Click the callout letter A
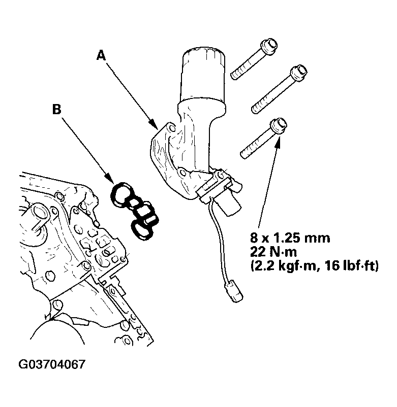coord(101,55)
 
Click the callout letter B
coord(56,109)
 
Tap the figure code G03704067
coord(52,364)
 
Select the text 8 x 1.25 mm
coord(290,238)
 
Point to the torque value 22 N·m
coord(273,252)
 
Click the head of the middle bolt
coord(299,73)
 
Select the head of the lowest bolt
coord(279,126)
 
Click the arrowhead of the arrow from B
coord(110,178)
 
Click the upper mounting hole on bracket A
coord(171,127)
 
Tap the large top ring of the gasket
coord(121,195)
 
